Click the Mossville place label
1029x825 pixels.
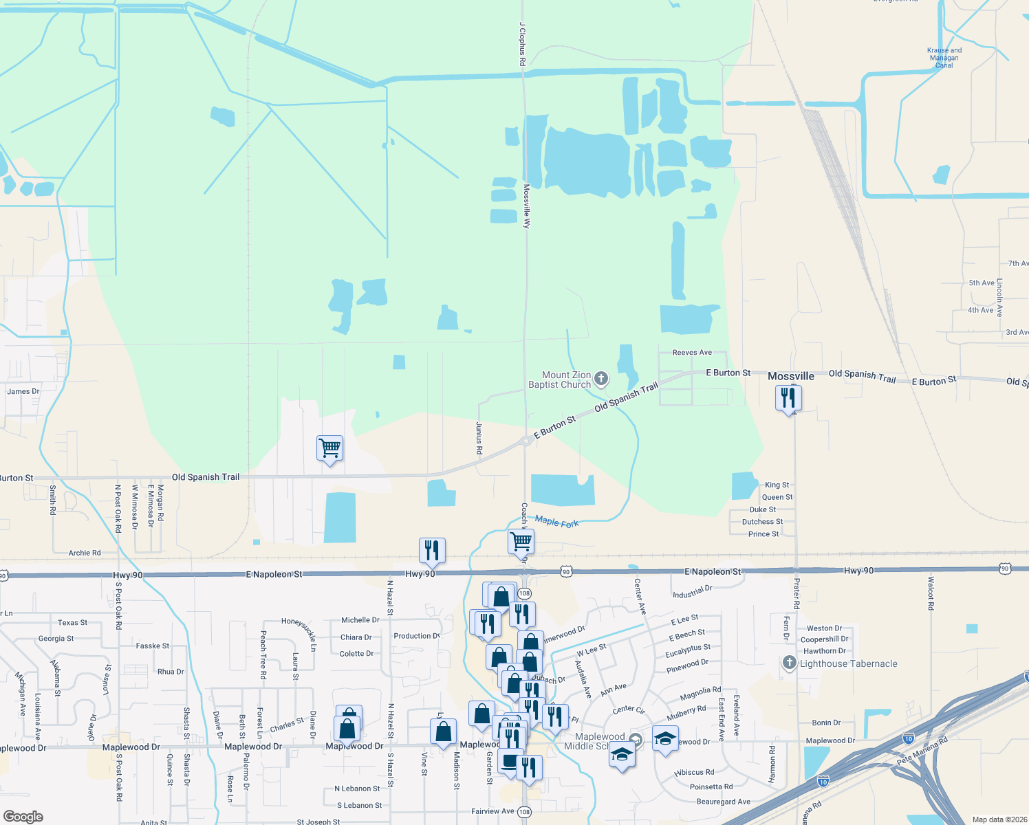pos(791,376)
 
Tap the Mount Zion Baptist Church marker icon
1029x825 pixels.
pos(601,379)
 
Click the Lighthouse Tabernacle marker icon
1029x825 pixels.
pos(789,663)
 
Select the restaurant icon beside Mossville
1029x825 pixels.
pos(788,398)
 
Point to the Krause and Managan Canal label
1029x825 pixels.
pos(944,58)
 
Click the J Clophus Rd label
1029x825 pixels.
pos(523,44)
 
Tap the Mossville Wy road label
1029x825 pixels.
pos(527,206)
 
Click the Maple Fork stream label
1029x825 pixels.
pos(556,522)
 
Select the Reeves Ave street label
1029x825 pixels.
pos(692,353)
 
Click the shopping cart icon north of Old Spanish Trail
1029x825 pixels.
pos(330,448)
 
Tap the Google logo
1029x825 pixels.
pos(23,817)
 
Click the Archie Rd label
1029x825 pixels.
pos(85,553)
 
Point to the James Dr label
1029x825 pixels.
pos(23,391)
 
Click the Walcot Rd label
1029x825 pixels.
pos(931,593)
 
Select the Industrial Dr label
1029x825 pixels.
pos(692,591)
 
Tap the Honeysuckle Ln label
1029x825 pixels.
pos(300,634)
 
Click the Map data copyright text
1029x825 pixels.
pos(999,819)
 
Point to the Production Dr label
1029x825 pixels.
pos(416,636)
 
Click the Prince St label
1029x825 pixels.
pos(763,534)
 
